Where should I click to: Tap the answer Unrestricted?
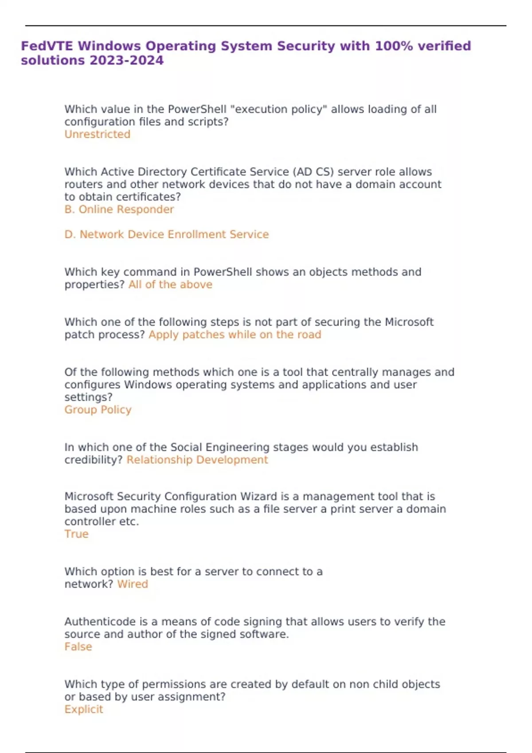click(97, 134)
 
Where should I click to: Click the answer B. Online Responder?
click(119, 209)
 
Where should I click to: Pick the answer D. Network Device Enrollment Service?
click(166, 234)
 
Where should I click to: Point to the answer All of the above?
click(170, 284)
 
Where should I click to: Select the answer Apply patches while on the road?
click(235, 334)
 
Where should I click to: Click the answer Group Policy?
click(98, 410)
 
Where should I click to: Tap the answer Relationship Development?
click(197, 460)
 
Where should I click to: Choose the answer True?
click(76, 534)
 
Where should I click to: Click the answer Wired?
click(132, 584)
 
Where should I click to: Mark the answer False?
click(78, 647)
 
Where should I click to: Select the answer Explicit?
click(83, 709)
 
